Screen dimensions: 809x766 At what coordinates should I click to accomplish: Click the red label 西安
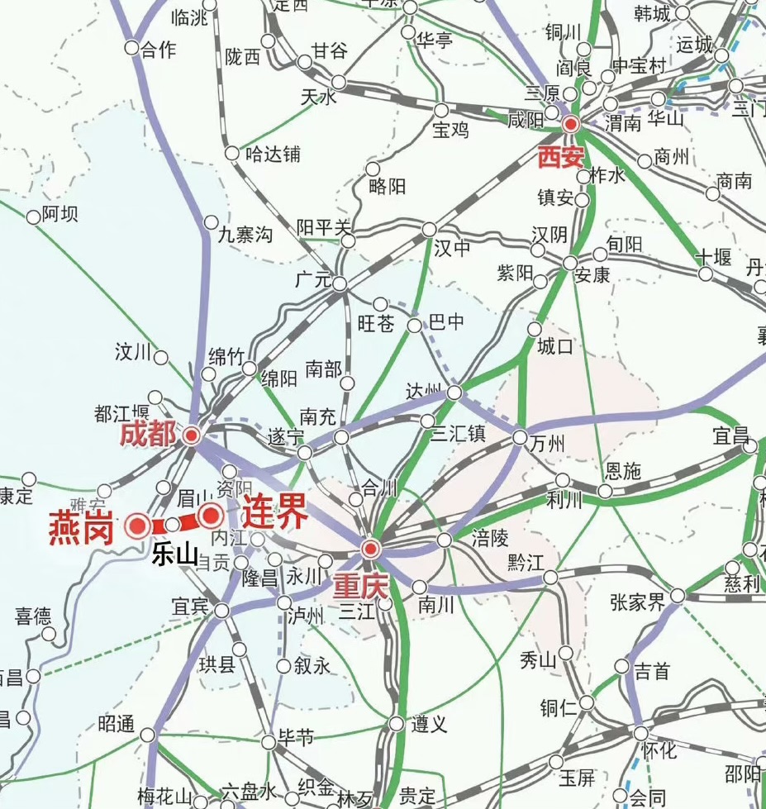coord(560,157)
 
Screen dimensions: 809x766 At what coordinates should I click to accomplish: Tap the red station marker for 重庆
coord(370,548)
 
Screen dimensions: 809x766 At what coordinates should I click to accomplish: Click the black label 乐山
coord(174,555)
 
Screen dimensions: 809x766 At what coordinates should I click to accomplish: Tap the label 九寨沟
coord(245,236)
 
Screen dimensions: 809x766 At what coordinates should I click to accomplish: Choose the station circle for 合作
coord(131,48)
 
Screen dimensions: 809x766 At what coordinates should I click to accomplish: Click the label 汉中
coord(453,247)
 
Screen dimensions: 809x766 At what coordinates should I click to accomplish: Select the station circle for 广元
coord(341,283)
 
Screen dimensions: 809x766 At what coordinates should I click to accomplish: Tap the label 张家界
coord(637,602)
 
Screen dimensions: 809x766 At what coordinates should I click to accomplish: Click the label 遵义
coord(429,725)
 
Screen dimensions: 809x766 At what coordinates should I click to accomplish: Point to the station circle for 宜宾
coord(221,611)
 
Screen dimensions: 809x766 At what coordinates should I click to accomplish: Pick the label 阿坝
coord(59,215)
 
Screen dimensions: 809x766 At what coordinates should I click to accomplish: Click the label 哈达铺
coord(272,154)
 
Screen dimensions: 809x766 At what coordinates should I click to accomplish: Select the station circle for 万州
coord(520,437)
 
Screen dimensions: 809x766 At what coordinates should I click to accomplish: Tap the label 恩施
coord(623,471)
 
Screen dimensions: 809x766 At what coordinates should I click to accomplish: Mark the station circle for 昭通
coord(148,735)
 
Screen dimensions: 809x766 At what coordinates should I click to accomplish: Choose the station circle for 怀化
coord(640,733)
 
